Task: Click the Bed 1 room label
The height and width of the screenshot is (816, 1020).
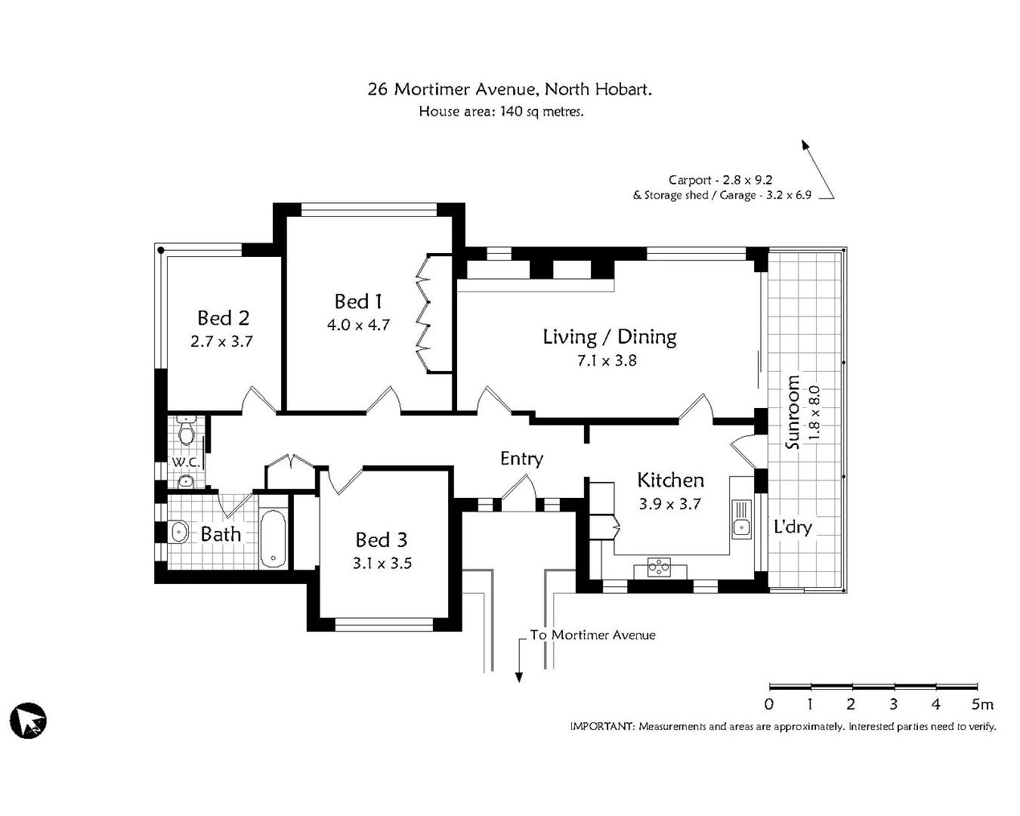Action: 358,301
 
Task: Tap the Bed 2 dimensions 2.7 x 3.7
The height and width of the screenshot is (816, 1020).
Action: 221,342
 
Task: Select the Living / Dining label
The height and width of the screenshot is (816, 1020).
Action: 609,337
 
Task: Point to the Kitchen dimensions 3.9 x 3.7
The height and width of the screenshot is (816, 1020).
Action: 669,504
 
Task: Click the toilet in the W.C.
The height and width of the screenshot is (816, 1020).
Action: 187,432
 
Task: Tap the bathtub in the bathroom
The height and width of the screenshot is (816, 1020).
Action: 273,538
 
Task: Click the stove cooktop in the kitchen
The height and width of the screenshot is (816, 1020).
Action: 659,567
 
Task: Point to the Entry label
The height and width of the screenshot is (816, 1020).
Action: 521,459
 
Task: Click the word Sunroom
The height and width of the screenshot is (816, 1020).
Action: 792,412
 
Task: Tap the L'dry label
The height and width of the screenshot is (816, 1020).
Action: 792,527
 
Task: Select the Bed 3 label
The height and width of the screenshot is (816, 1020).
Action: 382,539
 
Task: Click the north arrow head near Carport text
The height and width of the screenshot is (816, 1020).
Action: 805,145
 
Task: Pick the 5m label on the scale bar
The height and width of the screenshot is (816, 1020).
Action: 981,704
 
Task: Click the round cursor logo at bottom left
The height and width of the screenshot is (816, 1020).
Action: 28,720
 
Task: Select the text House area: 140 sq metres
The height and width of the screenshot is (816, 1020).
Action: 501,112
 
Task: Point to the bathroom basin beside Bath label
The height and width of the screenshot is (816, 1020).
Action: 179,532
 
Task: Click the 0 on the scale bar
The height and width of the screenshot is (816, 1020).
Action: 769,704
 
